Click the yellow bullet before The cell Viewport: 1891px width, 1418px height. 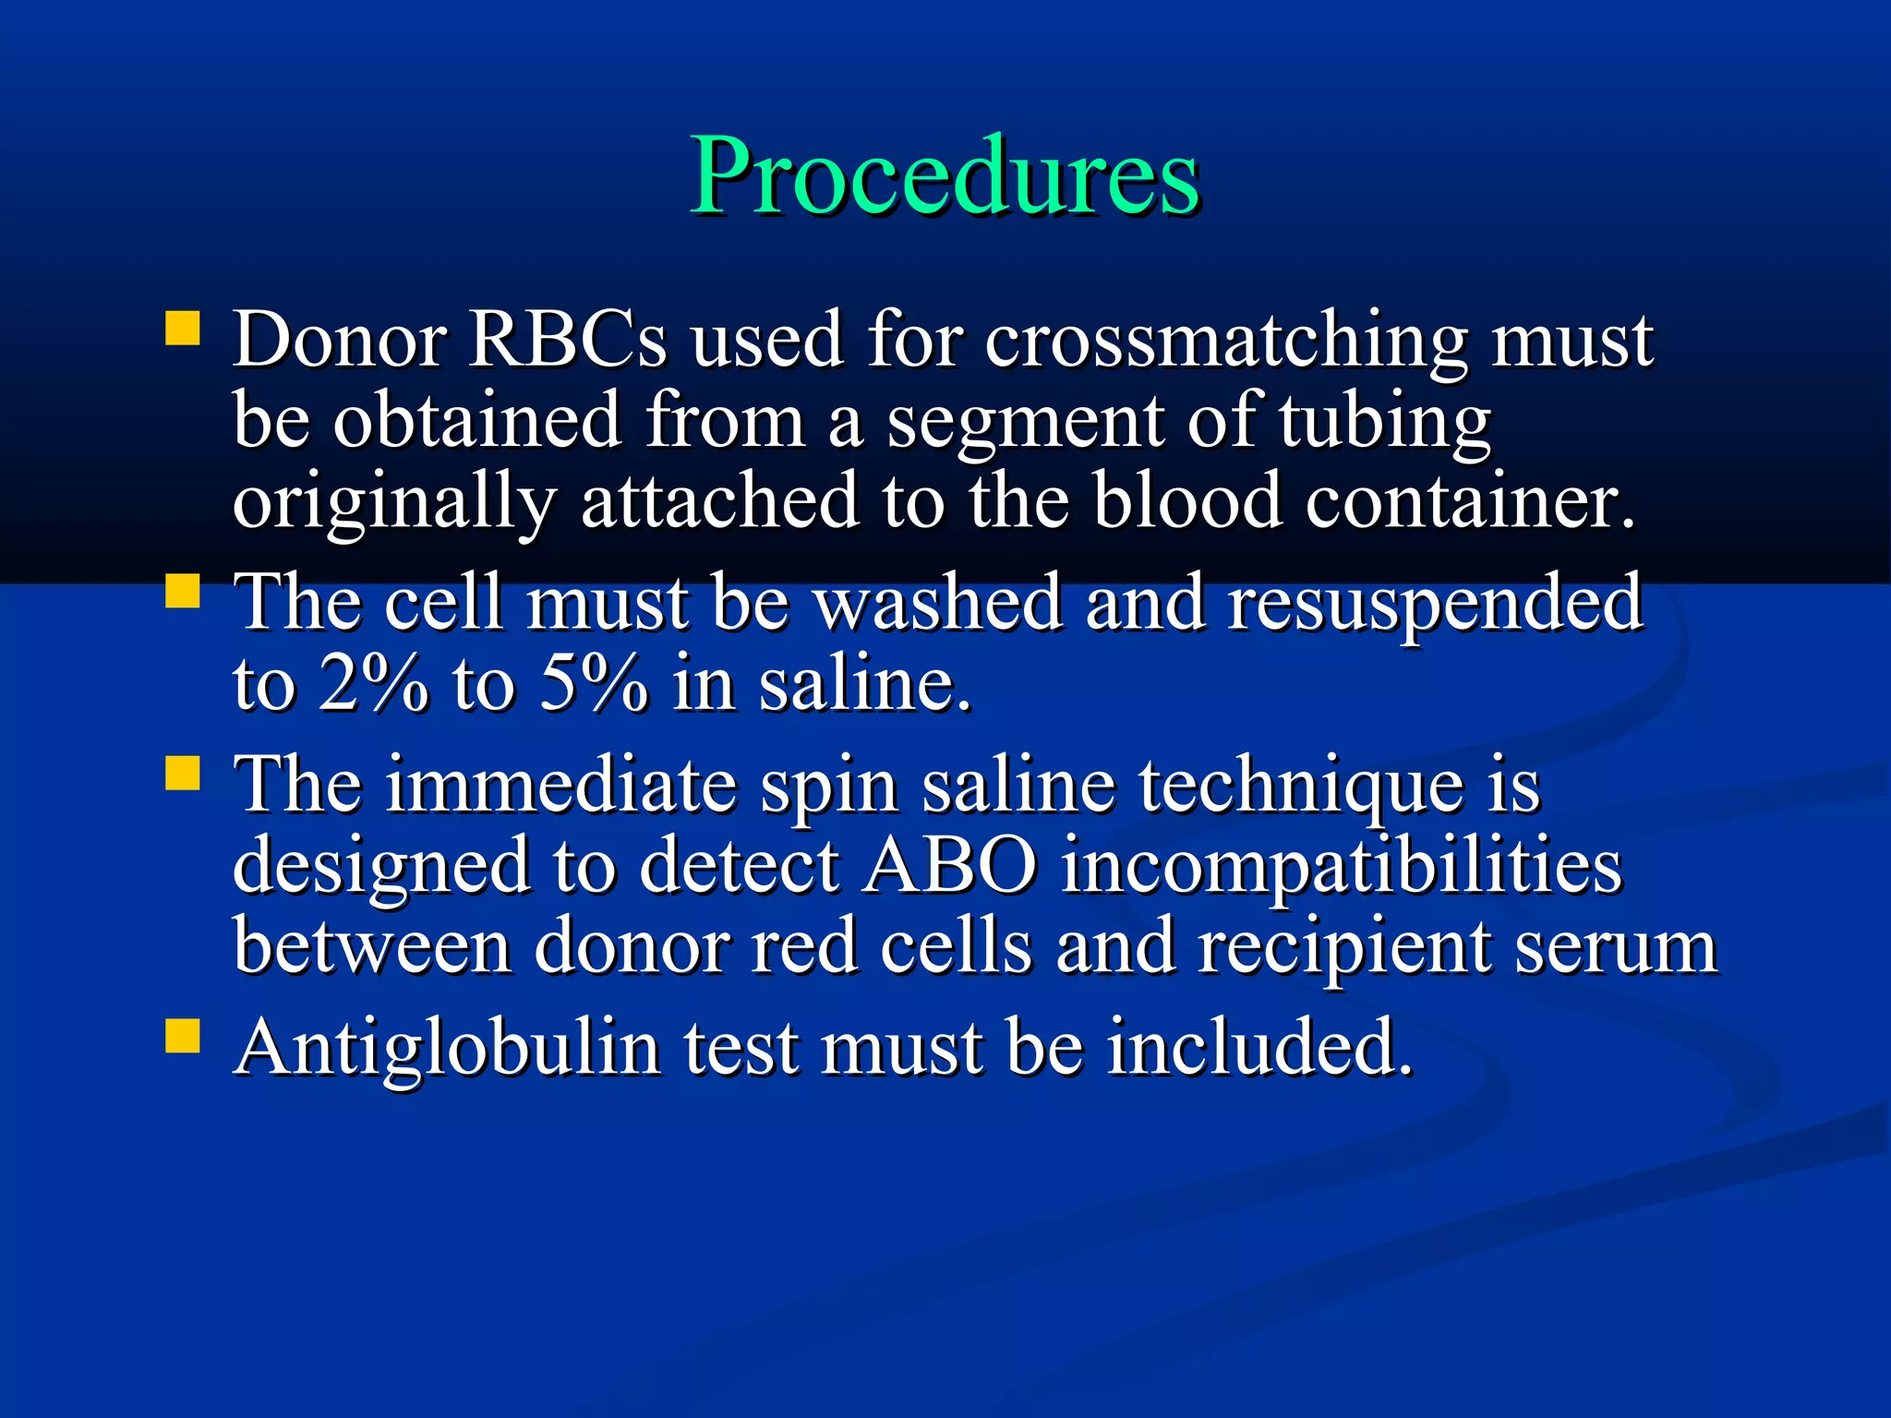183,591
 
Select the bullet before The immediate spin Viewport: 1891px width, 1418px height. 183,774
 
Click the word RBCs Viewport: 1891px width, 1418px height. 567,340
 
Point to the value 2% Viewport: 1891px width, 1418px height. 373,683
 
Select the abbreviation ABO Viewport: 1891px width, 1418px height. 948,866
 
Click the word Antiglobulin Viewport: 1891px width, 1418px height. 448,1049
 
